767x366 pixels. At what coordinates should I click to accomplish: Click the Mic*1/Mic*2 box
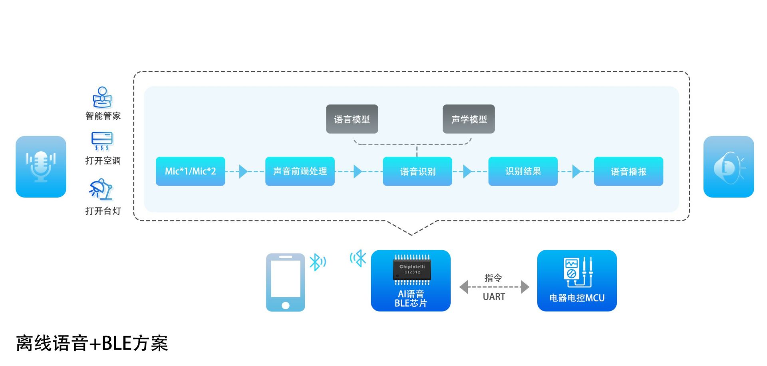coord(190,171)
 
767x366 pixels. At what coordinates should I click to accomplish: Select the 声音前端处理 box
coord(300,171)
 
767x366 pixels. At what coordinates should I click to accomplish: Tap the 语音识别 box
coord(417,171)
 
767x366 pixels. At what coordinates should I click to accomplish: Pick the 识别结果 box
coord(523,171)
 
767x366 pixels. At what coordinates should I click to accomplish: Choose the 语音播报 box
coord(628,171)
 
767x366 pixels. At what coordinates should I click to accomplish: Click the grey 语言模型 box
coord(352,119)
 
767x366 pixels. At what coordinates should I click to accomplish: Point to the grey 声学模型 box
coord(469,119)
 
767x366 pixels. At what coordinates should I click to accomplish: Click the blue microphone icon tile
coord(41,166)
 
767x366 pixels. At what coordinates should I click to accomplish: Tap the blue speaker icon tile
coord(728,166)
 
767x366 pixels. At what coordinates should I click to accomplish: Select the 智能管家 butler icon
coord(102,97)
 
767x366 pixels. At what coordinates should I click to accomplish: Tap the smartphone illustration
coord(285,282)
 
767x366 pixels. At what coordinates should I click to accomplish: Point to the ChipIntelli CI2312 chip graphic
coord(412,269)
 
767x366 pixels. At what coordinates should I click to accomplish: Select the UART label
coord(494,297)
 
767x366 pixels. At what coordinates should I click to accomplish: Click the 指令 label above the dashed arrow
coord(493,278)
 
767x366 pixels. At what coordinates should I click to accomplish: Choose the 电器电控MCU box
coord(576,281)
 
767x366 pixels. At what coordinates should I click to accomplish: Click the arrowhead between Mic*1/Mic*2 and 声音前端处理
coord(243,172)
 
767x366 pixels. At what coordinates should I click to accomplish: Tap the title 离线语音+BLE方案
coord(92,343)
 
